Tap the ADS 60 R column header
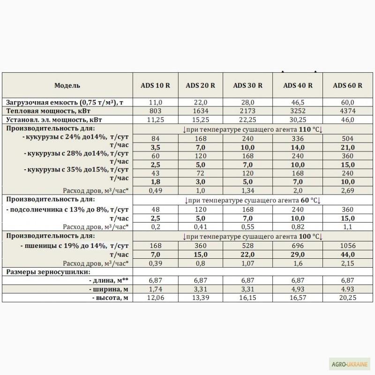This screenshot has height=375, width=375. (347, 85)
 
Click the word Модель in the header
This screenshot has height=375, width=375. (67, 85)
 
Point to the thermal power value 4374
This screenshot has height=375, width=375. (347, 111)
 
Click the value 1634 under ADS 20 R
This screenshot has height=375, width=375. (201, 111)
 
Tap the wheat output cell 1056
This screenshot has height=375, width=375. (347, 246)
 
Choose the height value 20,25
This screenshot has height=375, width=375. (347, 298)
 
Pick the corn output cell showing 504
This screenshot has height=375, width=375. (347, 137)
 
